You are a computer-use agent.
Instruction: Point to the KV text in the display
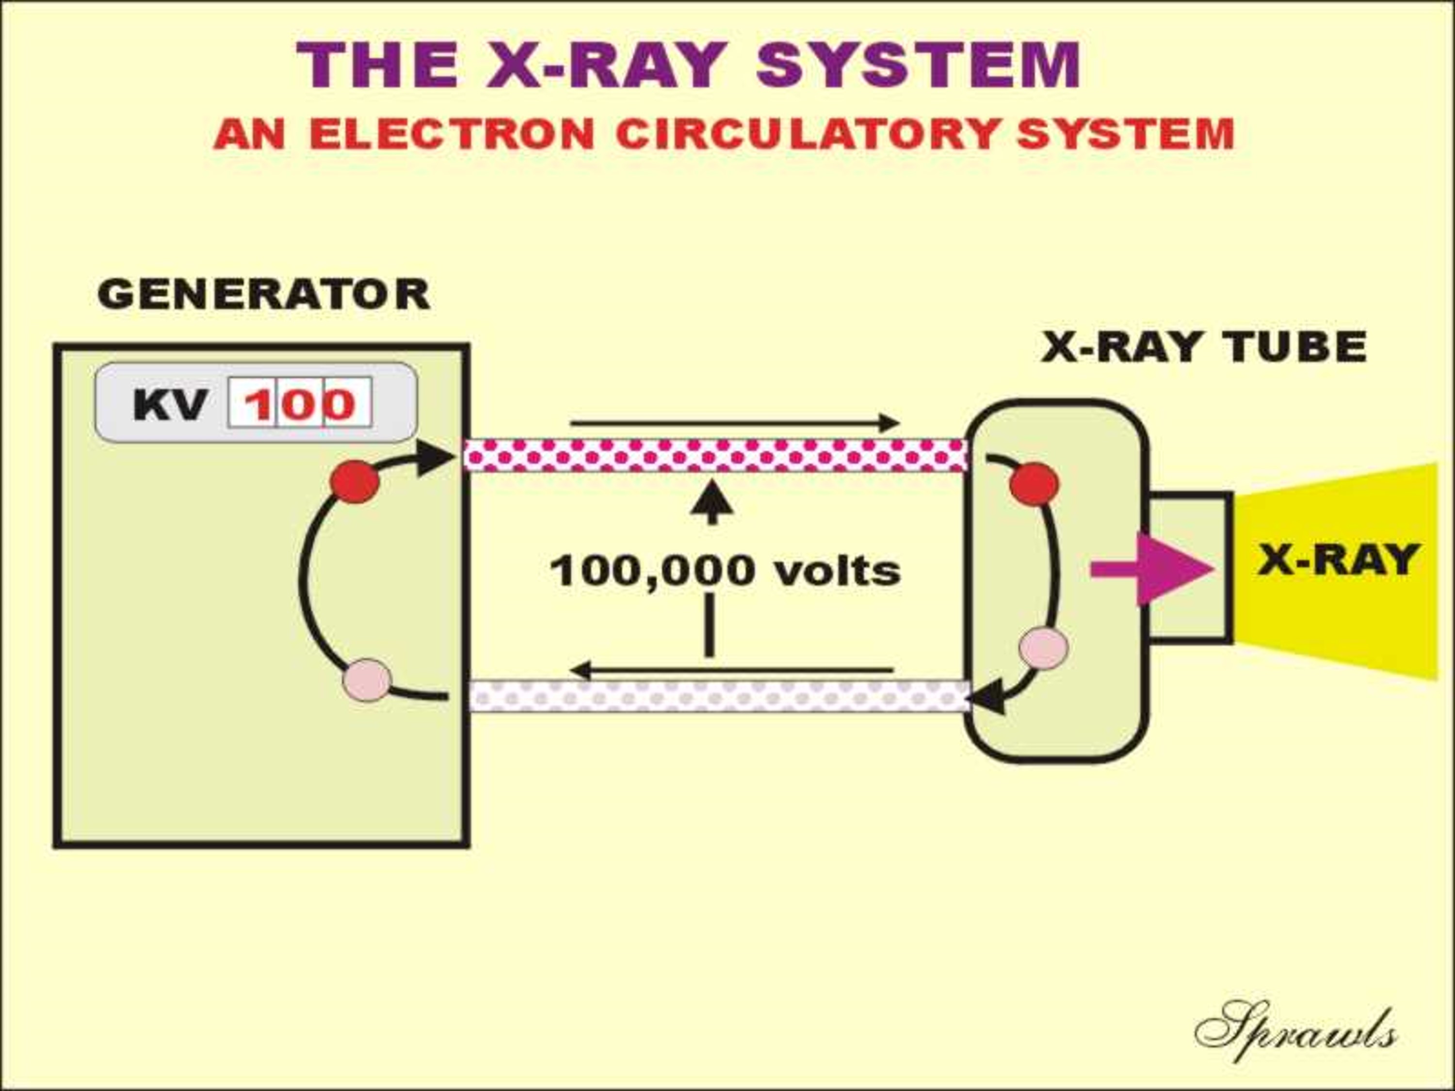pyautogui.click(x=170, y=404)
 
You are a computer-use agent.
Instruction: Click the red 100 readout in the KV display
pyautogui.click(x=300, y=403)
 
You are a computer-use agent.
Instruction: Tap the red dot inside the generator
pyautogui.click(x=355, y=482)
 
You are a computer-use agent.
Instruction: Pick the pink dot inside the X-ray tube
pyautogui.click(x=1044, y=648)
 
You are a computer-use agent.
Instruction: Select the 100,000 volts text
pyautogui.click(x=725, y=570)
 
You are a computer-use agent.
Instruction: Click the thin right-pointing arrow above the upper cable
pyautogui.click(x=735, y=423)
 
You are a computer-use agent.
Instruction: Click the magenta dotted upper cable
pyautogui.click(x=716, y=455)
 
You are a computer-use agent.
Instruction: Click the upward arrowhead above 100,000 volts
pyautogui.click(x=711, y=502)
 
